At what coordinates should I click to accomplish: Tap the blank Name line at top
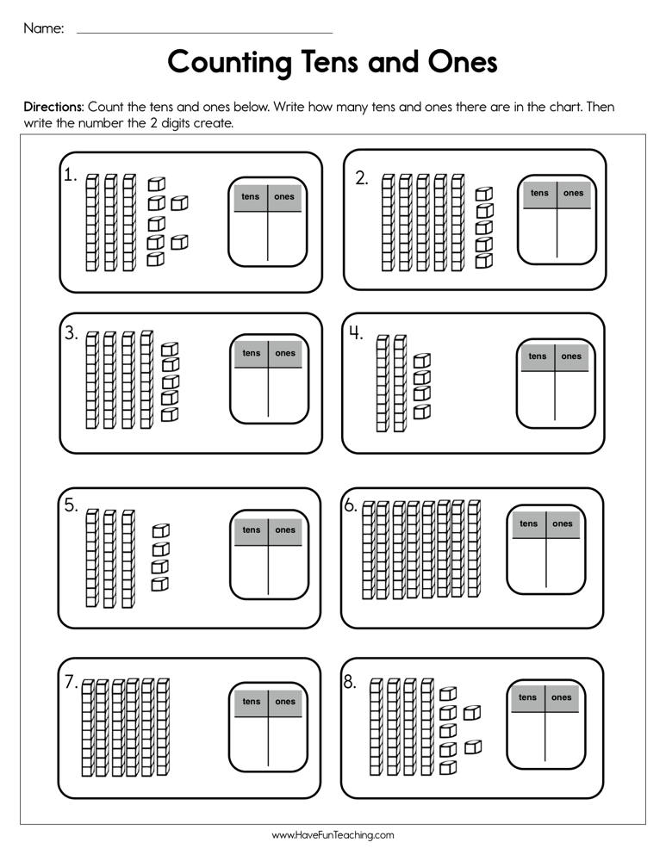[204, 32]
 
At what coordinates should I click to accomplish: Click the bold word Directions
[53, 108]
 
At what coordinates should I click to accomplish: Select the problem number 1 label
[70, 175]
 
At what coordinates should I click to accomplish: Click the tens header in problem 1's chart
[251, 196]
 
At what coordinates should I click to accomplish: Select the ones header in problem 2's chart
[573, 193]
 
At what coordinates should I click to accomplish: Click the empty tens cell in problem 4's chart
[537, 396]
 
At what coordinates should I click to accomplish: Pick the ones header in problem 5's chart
[285, 530]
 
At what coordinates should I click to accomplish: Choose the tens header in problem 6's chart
[528, 523]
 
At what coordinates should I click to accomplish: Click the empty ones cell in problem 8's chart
[562, 737]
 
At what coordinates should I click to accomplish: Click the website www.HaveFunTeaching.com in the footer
[333, 835]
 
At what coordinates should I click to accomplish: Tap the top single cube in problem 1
[155, 183]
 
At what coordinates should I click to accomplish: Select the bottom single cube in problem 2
[484, 260]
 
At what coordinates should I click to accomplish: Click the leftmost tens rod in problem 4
[382, 383]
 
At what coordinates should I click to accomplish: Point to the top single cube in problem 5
[160, 531]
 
